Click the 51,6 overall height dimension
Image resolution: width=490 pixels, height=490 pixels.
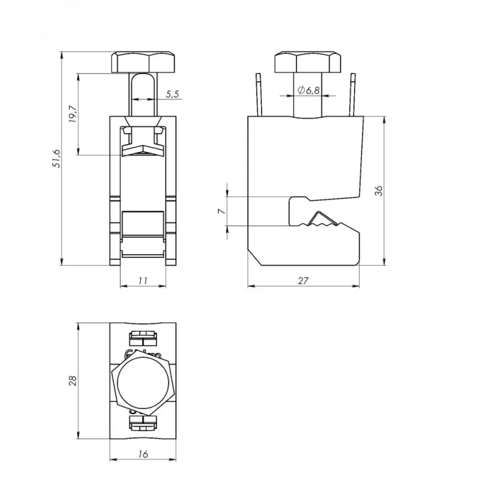coord(57,159)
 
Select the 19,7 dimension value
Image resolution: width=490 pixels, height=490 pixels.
coord(72,114)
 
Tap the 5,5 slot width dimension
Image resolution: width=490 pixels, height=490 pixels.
coord(173,94)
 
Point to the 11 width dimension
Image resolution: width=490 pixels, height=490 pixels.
coord(143,281)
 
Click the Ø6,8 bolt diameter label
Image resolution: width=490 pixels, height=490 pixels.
coord(309,90)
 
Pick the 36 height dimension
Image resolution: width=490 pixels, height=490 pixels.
coord(379,190)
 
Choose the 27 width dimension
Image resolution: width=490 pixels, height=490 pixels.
coord(303,281)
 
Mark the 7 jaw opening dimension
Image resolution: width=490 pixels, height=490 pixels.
coord(222,211)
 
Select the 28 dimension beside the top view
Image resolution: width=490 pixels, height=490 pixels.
coord(72,380)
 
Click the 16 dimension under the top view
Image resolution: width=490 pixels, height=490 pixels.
coord(143,454)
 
